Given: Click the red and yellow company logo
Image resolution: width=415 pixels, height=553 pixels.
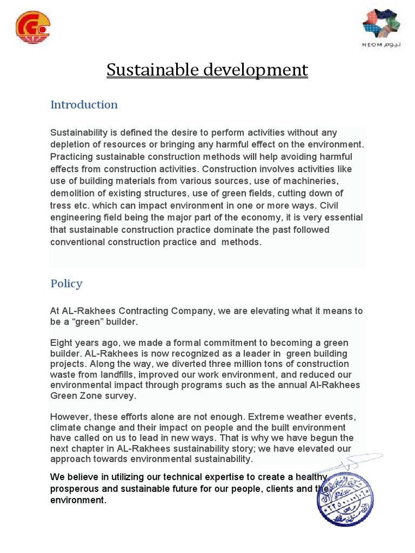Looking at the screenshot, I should click(x=33, y=28).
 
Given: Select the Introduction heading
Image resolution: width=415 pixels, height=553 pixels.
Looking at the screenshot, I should click(x=84, y=105).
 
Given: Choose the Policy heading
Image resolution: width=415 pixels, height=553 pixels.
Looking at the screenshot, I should click(x=66, y=284).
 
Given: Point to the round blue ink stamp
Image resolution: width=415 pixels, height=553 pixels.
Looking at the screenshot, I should click(x=345, y=495).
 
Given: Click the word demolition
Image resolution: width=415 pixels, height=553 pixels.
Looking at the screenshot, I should click(x=71, y=193).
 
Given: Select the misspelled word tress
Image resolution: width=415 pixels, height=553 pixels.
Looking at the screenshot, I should click(x=61, y=206).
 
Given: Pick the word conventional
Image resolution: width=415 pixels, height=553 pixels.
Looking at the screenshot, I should click(x=77, y=242).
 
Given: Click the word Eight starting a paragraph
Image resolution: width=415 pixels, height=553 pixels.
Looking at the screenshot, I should click(x=61, y=343).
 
